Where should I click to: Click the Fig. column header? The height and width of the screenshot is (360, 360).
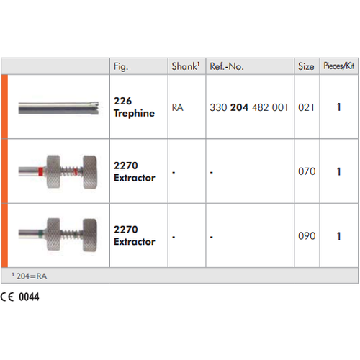tap(121, 66)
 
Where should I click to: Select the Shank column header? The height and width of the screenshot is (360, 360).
tap(186, 66)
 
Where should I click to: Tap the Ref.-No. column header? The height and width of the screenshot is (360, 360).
tap(227, 66)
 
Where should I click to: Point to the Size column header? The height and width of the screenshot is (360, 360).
tap(306, 66)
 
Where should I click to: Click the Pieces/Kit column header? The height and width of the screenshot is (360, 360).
tap(338, 66)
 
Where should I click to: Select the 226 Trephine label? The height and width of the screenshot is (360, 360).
tap(134, 107)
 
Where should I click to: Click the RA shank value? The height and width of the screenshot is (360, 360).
tap(178, 107)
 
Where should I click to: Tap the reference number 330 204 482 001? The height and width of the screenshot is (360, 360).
tap(249, 107)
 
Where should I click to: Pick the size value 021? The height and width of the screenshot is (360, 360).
tap(306, 107)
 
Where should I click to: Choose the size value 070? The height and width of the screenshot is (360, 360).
tap(307, 171)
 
